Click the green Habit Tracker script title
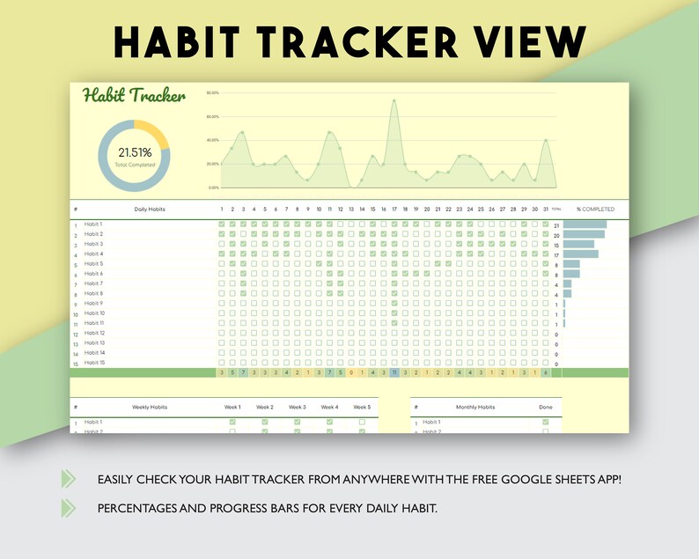coord(134,96)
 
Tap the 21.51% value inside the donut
coord(135,153)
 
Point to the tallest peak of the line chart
coord(394,101)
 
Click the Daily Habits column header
coord(150,210)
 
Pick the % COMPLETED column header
coord(595,210)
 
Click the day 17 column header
coord(394,210)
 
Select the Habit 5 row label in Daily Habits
coord(94,264)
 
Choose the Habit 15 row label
coord(95,363)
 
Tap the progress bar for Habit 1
coord(585,224)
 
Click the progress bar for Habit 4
coord(580,254)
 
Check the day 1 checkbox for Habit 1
coord(222,224)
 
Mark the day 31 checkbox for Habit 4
coord(545,254)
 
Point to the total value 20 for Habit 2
coord(556,235)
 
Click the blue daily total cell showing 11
coord(394,372)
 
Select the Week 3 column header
coord(298,408)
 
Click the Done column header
coord(545,408)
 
